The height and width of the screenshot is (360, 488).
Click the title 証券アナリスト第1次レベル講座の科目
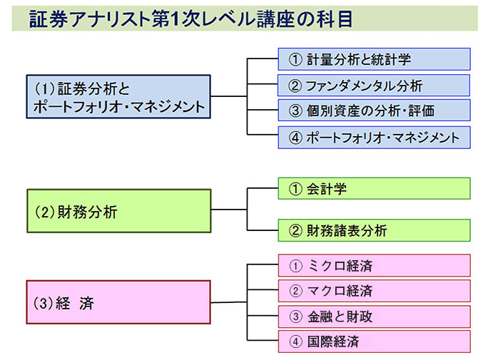point(190,19)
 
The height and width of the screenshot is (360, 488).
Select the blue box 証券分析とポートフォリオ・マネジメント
point(118,97)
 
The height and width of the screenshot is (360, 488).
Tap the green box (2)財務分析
point(119,211)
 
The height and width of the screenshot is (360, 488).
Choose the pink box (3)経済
point(118,302)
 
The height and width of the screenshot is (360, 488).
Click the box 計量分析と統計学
point(374,59)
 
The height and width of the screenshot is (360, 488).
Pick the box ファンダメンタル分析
point(374,85)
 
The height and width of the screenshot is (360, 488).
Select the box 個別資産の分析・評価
point(374,110)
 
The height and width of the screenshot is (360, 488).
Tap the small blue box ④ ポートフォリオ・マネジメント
point(374,138)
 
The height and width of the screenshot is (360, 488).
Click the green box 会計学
point(374,188)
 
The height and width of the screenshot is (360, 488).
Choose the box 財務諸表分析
point(374,230)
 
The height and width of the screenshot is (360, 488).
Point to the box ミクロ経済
point(374,265)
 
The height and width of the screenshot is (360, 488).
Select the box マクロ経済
point(374,291)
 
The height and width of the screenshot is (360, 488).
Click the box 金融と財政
point(374,317)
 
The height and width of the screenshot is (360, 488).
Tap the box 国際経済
point(374,341)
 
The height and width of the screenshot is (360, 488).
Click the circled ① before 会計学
point(295,189)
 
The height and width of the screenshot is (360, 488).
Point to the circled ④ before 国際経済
point(295,342)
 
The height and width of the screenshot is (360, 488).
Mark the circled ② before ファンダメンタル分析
point(295,86)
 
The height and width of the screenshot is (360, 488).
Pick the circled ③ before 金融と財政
point(295,317)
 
